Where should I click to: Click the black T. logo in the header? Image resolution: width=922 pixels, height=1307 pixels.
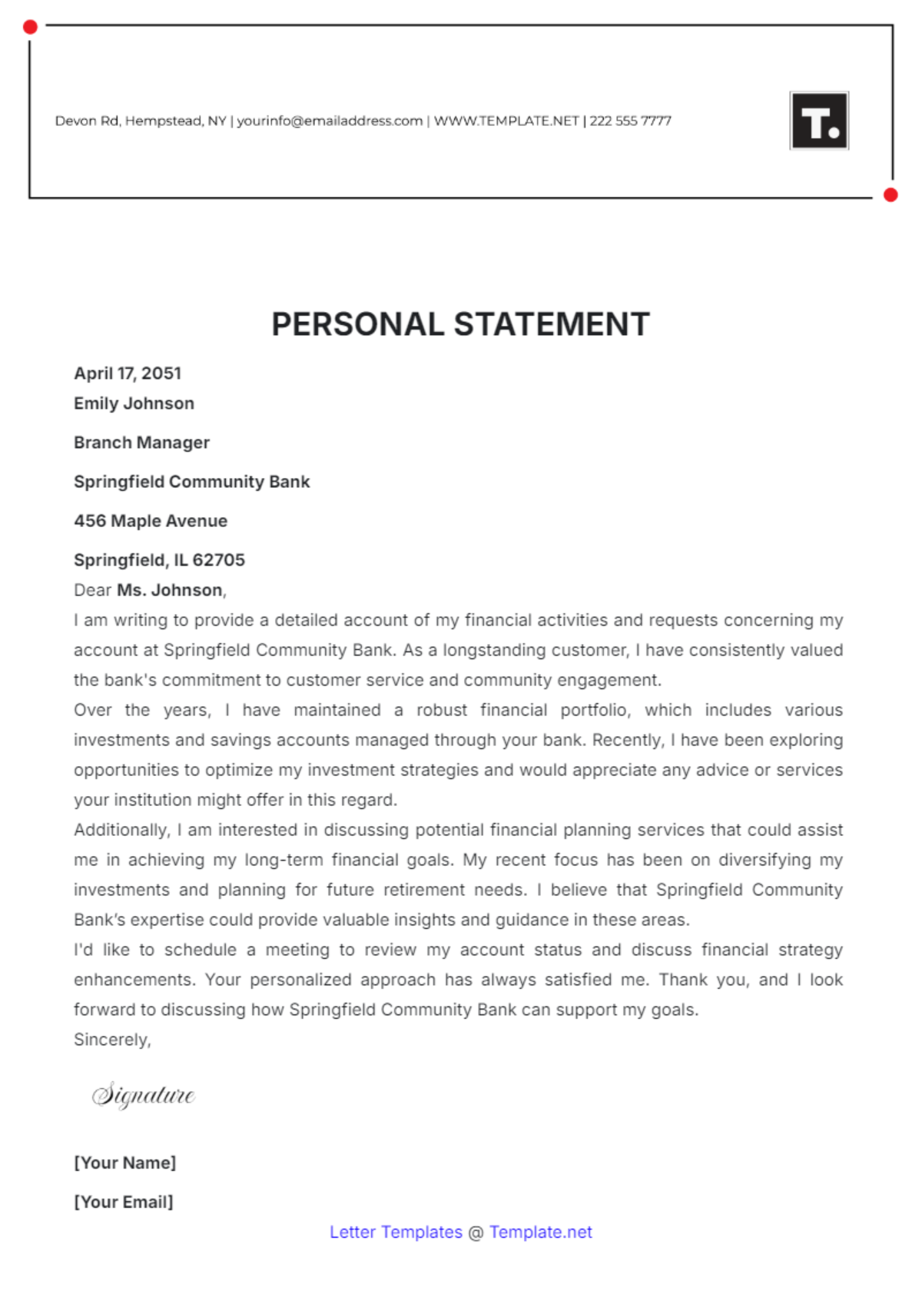coord(819,121)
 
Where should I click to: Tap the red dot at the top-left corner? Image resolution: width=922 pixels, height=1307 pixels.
coord(30,28)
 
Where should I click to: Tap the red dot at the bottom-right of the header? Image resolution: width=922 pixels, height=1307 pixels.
coord(890,195)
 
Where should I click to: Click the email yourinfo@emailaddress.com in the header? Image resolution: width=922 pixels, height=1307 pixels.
coord(330,121)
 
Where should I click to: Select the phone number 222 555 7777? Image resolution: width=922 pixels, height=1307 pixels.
coord(630,121)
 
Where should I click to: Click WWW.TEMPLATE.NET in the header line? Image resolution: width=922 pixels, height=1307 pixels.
coord(506,121)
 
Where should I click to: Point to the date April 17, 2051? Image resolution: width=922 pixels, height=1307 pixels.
coord(128,373)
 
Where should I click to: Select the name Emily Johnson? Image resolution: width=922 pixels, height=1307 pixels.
coord(134,403)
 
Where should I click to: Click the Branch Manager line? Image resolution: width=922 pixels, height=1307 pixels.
coord(141,443)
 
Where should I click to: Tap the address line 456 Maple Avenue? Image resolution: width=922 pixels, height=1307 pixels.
coord(151,521)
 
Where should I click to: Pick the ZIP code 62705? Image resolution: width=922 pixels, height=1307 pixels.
coord(218,560)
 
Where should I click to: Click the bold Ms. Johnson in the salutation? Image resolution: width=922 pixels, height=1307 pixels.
coord(170,590)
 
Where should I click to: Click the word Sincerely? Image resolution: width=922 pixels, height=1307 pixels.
coord(111,1040)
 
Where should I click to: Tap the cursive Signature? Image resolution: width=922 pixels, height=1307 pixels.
coord(144,1095)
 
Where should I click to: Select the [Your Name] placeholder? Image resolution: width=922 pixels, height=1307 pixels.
coord(125,1163)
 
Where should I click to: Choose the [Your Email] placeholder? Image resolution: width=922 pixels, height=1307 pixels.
coord(124,1202)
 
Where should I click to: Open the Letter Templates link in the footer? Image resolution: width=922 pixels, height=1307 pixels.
coord(396,1232)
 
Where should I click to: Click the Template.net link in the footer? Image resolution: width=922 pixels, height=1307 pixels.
coord(541,1232)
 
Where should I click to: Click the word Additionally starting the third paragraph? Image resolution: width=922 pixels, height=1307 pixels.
coord(121,830)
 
